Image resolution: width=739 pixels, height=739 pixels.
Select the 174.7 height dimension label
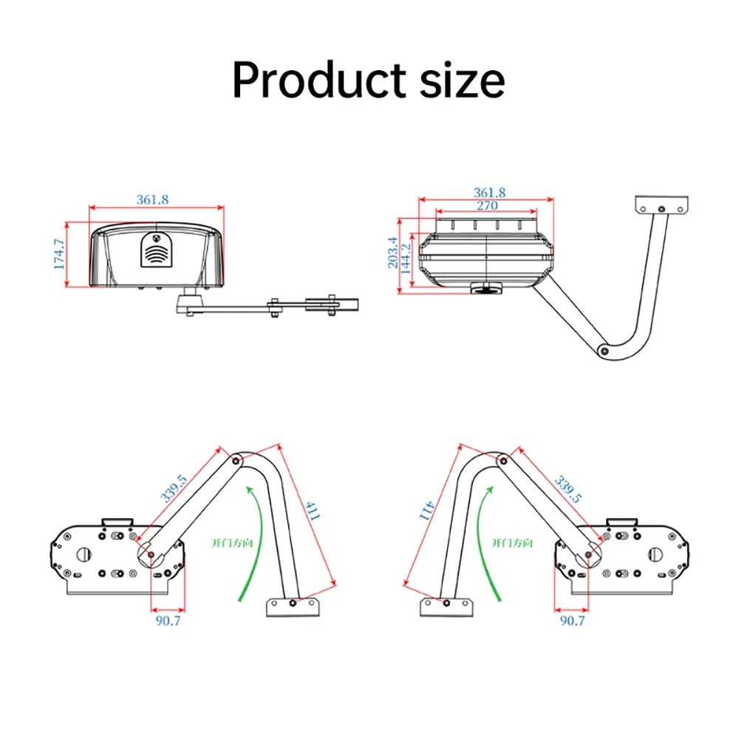(60, 253)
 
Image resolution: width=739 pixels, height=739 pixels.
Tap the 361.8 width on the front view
(152, 200)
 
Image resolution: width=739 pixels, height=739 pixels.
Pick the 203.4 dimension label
(393, 253)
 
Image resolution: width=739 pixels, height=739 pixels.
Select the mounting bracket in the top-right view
(662, 203)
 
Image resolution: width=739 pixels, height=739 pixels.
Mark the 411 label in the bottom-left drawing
(311, 511)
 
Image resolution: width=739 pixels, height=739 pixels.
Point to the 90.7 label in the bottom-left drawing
(168, 621)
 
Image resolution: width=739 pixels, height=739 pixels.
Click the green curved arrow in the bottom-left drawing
(248, 539)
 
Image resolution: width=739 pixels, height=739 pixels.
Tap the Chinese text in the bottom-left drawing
(232, 542)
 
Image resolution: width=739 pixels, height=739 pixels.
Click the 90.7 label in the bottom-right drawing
(571, 621)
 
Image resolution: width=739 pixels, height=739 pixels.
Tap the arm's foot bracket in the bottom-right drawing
(448, 607)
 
